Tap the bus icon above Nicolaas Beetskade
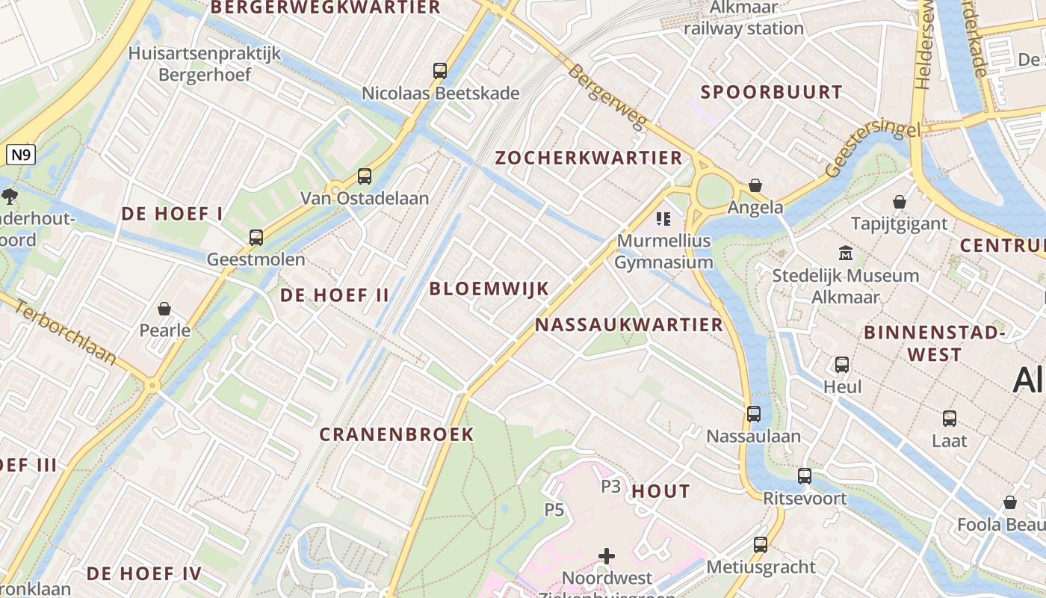coord(440,71)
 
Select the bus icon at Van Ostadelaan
coord(365,176)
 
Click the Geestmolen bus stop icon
coord(256,238)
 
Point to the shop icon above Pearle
coord(164,309)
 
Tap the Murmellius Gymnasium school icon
coord(663,219)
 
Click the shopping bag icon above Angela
coord(755,185)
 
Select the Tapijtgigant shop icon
coord(900,202)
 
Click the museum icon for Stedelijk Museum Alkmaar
coord(846,253)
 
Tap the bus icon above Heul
coord(842,365)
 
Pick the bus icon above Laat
coord(950,419)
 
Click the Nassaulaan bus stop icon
coord(754,414)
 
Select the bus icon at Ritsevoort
coord(805,476)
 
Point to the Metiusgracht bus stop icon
coord(761,545)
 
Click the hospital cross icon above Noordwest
coord(607,556)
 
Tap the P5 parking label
coord(554,510)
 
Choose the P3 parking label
coord(611,487)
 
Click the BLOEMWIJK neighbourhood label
coord(489,289)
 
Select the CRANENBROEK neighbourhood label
coord(397,434)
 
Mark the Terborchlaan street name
coord(66,333)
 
